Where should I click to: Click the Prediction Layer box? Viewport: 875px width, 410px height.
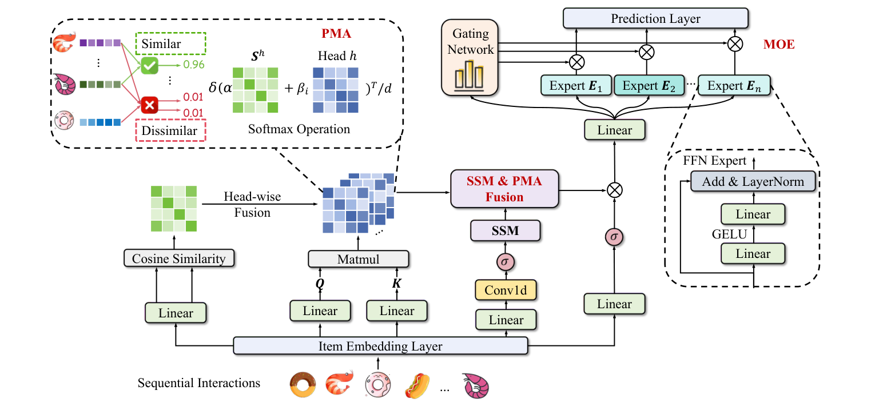pyautogui.click(x=655, y=18)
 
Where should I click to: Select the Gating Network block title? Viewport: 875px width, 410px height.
pyautogui.click(x=470, y=41)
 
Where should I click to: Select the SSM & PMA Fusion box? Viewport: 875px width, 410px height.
pyautogui.click(x=504, y=189)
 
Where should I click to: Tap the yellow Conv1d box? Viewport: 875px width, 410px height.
pyautogui.click(x=506, y=290)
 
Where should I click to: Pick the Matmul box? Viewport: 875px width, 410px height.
pyautogui.click(x=359, y=259)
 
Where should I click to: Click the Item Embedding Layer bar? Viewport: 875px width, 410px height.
pyautogui.click(x=380, y=347)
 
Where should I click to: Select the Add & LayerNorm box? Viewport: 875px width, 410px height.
pyautogui.click(x=753, y=182)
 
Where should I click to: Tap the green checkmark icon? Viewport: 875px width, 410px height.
pyautogui.click(x=149, y=67)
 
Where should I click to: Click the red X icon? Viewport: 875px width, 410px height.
pyautogui.click(x=149, y=105)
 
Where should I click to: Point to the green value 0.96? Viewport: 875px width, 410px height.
pyautogui.click(x=194, y=65)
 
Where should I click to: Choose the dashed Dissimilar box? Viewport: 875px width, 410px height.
pyautogui.click(x=170, y=130)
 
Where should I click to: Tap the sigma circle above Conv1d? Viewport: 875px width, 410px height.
pyautogui.click(x=506, y=261)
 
